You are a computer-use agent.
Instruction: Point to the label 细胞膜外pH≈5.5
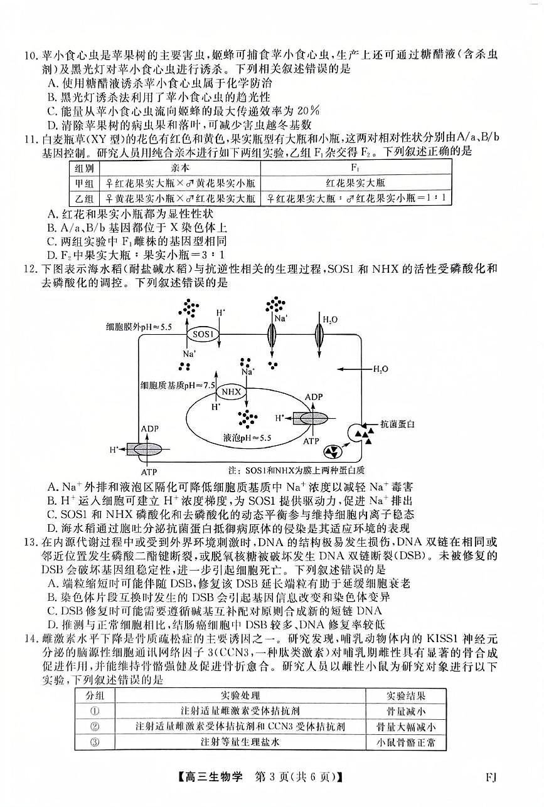pos(139,327)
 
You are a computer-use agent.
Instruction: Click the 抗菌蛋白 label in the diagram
pos(398,425)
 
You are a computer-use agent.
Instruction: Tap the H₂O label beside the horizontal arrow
pos(380,369)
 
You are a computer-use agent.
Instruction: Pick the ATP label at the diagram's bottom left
pos(149,472)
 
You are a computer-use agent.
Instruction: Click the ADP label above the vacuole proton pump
pos(313,398)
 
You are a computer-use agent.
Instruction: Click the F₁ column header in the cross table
pos(355,168)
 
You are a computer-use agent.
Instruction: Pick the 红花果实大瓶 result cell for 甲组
pos(355,183)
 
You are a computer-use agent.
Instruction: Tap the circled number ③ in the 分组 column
pos(95,742)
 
